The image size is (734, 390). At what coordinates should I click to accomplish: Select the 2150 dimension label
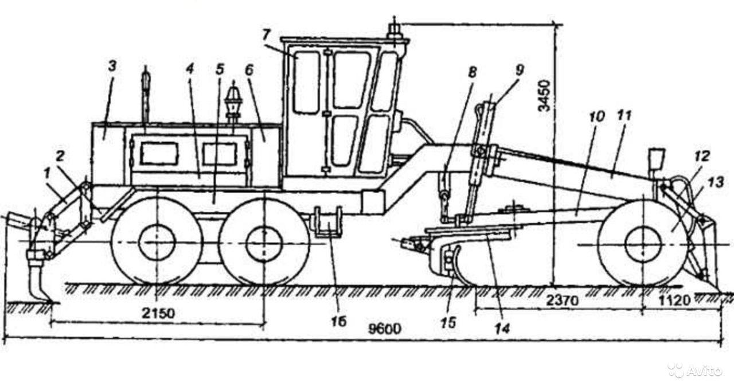(156, 314)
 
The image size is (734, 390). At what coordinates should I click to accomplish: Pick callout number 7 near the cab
(266, 34)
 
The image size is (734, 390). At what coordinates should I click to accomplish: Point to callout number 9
(520, 71)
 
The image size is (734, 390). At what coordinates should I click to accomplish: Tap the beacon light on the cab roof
(395, 32)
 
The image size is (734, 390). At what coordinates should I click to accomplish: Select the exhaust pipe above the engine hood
(146, 92)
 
